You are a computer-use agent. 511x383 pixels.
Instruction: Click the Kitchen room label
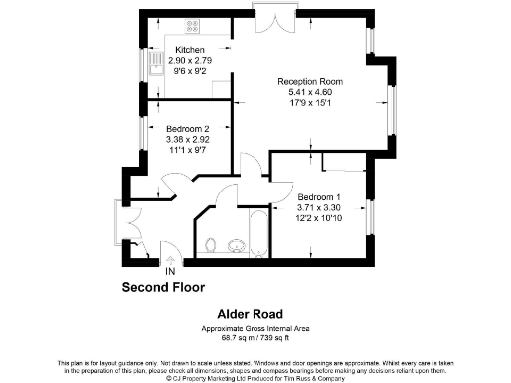click(189, 50)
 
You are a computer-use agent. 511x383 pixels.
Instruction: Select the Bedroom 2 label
click(187, 127)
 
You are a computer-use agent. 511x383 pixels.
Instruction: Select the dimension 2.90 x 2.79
click(189, 61)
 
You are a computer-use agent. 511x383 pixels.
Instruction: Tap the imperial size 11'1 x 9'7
click(187, 149)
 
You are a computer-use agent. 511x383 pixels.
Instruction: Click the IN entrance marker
click(170, 270)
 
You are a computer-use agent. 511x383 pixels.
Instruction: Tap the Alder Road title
click(255, 313)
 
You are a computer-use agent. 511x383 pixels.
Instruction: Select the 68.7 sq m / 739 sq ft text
click(255, 337)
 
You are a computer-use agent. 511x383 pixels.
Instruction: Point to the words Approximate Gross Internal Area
click(255, 328)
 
